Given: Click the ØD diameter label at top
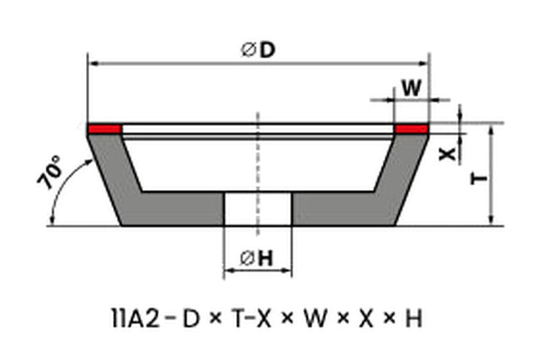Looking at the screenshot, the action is tap(258, 50).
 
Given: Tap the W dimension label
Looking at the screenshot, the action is tap(412, 88).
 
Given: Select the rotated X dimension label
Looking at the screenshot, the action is tap(447, 154).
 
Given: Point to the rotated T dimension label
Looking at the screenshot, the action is tap(480, 178).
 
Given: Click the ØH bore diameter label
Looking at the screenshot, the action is tap(257, 258).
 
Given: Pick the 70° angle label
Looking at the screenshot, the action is tap(51, 172).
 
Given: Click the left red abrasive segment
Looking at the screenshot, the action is tap(104, 129).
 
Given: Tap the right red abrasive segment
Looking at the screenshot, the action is tap(411, 129).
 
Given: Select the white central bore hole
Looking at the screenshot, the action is tap(258, 209).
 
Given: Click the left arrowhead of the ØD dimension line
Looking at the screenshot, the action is tap(93, 63).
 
